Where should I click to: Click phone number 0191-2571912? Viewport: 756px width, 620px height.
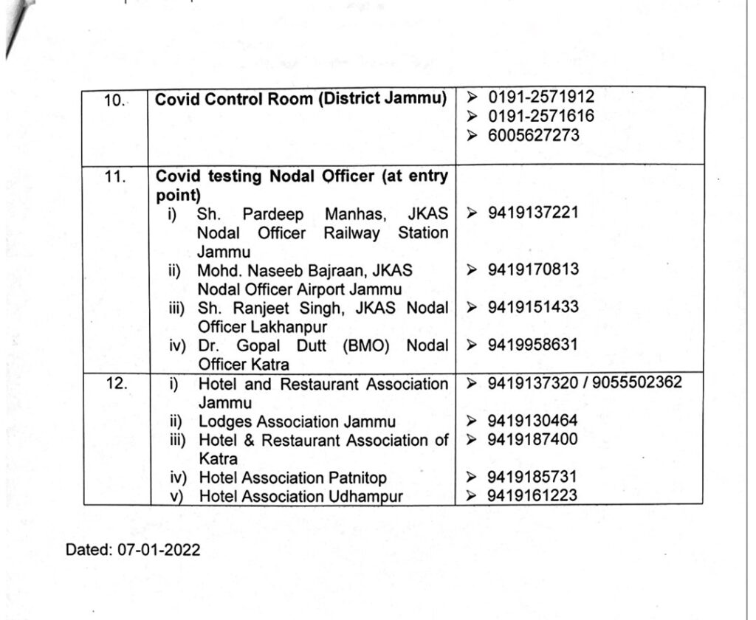coord(540,97)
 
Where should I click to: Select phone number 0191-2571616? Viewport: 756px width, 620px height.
coord(540,116)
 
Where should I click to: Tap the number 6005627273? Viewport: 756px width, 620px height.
coord(533,135)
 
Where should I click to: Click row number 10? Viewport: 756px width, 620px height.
coord(114,100)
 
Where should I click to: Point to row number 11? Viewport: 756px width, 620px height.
coord(114,177)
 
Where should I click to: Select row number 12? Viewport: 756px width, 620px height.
coord(114,385)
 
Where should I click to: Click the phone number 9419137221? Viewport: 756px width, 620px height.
coord(533,213)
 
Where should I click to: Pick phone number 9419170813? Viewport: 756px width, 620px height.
coord(533,269)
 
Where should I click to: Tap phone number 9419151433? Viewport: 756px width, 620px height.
coord(533,307)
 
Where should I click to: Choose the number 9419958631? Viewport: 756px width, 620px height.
coord(533,345)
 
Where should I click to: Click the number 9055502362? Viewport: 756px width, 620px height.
coord(635,383)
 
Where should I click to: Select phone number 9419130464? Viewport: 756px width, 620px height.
coord(533,421)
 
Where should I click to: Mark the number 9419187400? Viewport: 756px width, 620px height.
coord(533,440)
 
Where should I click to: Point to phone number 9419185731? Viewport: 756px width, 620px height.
coord(533,478)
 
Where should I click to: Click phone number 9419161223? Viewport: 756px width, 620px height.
coord(533,496)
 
